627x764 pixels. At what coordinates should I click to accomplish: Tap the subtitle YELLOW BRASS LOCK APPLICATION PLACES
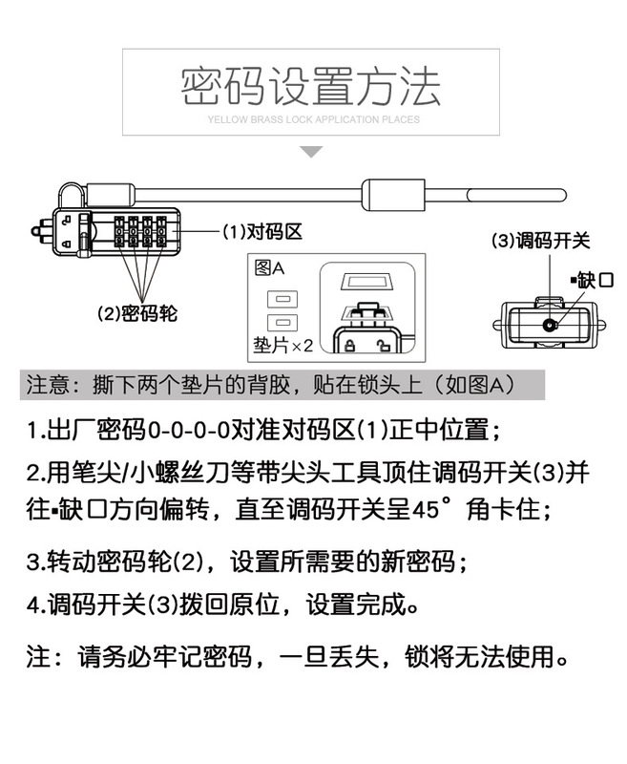point(312,120)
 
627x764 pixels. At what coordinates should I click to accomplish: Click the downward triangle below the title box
point(312,152)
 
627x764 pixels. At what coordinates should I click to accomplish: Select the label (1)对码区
point(262,232)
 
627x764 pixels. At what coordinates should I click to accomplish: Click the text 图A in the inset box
point(270,269)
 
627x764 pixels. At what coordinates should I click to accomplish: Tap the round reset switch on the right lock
point(549,325)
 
